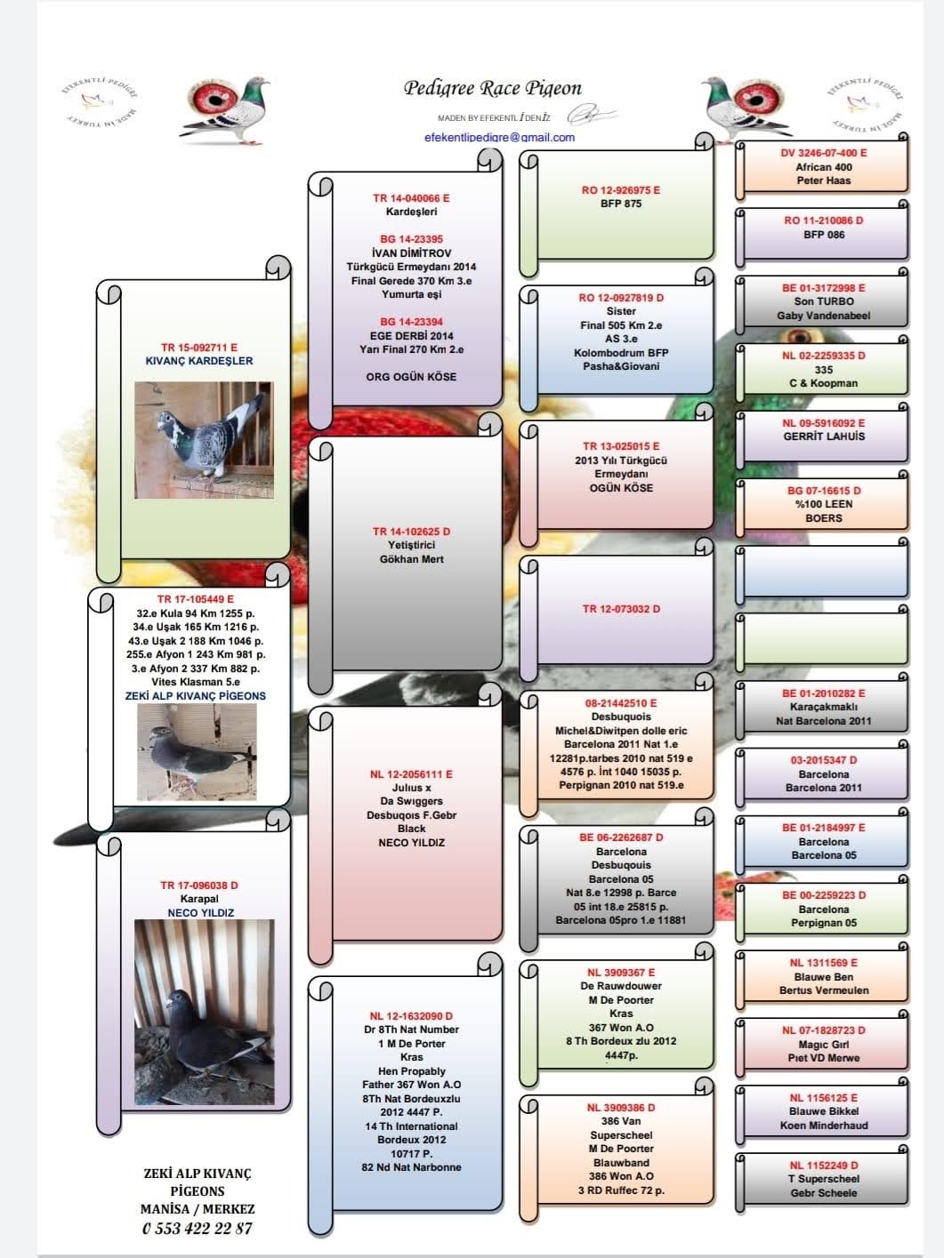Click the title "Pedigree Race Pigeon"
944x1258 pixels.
pos(492,88)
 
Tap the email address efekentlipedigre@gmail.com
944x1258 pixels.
pos(499,137)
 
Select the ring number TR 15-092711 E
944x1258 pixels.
pos(199,348)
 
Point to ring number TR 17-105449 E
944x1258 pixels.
pos(196,599)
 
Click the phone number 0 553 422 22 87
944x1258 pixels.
pos(197,1228)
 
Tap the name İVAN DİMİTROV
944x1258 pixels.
pos(411,253)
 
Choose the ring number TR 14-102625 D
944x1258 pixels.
pos(411,532)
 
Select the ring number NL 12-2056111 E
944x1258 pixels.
pos(411,774)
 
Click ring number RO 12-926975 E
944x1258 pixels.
pos(621,190)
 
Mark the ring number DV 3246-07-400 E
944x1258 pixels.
pos(823,153)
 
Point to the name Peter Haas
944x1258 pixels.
pos(823,180)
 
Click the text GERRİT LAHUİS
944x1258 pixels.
pos(823,437)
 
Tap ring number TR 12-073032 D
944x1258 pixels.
pos(621,609)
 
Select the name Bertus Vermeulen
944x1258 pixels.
pos(823,990)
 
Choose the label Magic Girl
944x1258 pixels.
pos(823,1045)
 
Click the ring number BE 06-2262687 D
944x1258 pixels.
pos(621,837)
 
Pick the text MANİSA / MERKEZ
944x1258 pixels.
pos(197,1209)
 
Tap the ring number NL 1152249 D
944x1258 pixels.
pos(823,1165)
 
